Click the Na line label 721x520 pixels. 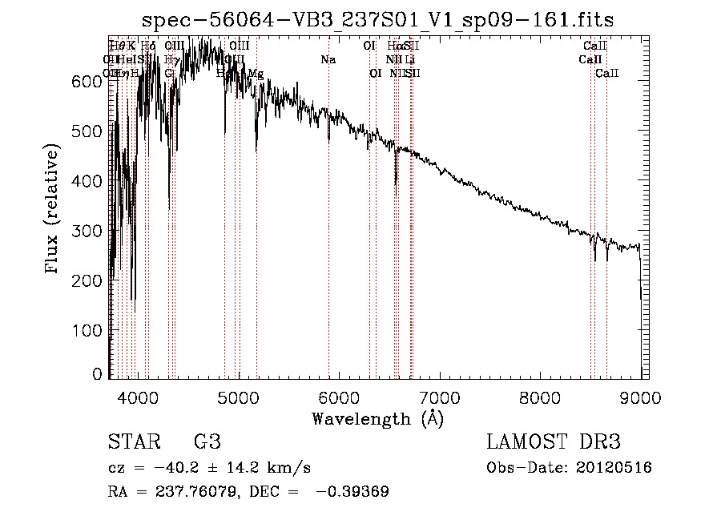click(328, 60)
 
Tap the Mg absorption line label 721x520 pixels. click(255, 74)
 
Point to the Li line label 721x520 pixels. click(410, 60)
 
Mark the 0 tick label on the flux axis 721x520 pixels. click(98, 374)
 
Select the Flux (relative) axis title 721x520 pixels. click(54, 210)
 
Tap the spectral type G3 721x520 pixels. click(207, 443)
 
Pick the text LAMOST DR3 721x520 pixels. click(554, 443)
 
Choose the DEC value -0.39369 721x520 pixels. click(354, 492)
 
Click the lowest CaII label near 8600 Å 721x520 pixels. click(606, 74)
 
